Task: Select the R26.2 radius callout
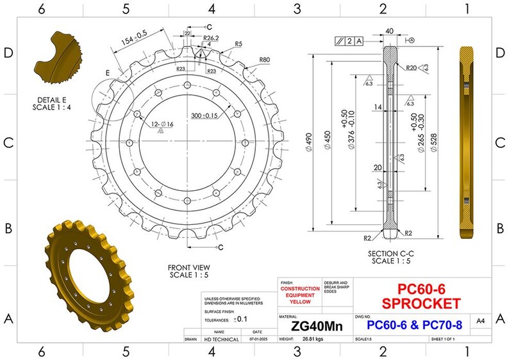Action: pos(212,38)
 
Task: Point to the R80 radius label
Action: pos(264,60)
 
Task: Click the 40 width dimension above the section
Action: pos(389,30)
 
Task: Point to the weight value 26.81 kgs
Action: pos(317,339)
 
